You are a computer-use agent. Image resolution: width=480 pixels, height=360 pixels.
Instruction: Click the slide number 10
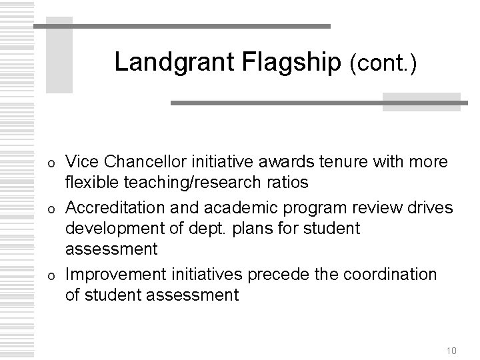[x=452, y=332]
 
